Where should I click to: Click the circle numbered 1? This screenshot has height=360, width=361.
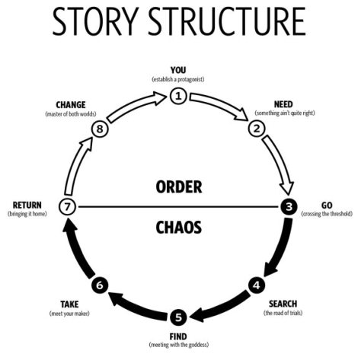[x=177, y=95]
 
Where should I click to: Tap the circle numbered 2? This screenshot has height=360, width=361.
[x=257, y=128]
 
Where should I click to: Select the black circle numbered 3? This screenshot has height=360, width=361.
[x=289, y=206]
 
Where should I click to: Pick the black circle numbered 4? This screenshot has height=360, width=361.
[x=257, y=285]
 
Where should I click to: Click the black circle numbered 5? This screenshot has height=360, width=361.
[x=177, y=317]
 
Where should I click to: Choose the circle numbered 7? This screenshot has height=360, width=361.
[x=67, y=206]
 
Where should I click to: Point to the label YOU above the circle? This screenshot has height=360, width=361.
[x=177, y=72]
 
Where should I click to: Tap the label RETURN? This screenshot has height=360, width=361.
[x=27, y=205]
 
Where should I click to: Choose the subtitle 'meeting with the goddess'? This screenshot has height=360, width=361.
[x=177, y=346]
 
